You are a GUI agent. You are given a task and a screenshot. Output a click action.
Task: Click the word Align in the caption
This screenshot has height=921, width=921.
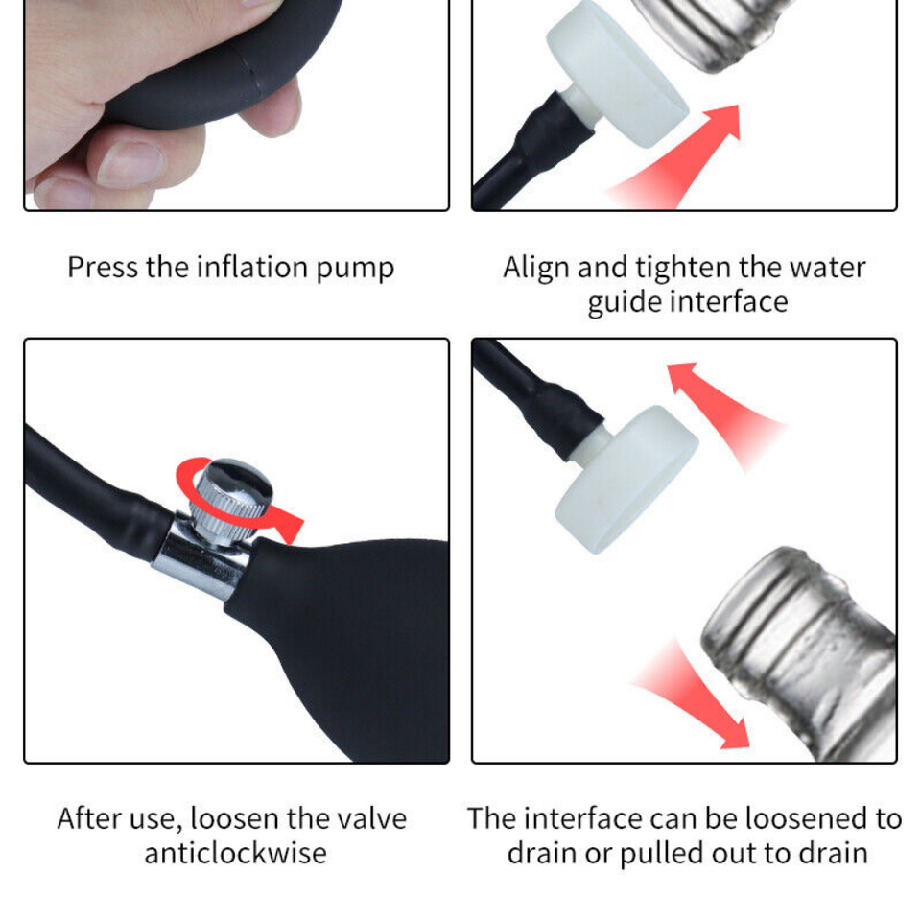pyautogui.click(x=537, y=268)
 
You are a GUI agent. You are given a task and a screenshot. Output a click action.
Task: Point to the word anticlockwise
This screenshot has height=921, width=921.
pyautogui.click(x=235, y=853)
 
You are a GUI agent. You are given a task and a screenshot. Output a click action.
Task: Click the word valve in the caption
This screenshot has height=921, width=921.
pyautogui.click(x=372, y=819)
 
